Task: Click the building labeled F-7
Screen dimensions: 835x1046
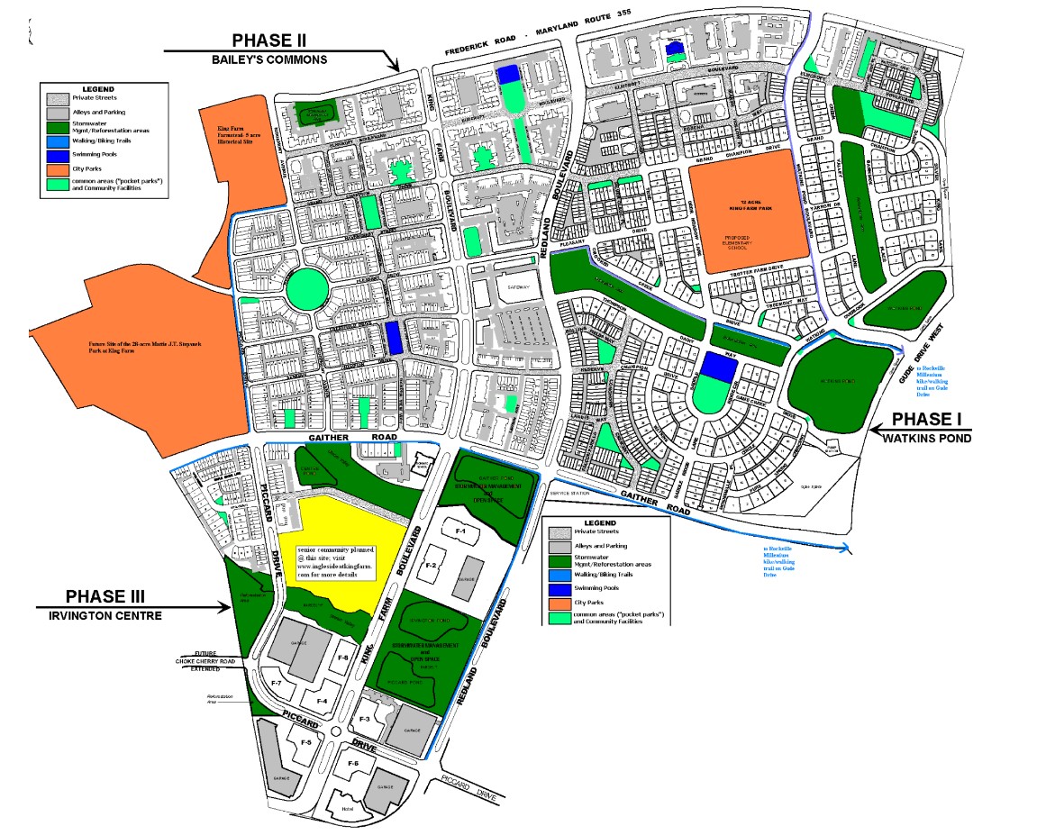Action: [x=277, y=685]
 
